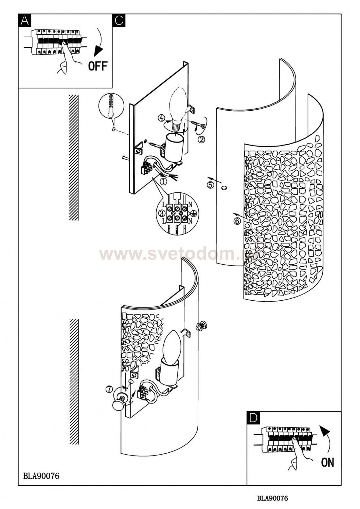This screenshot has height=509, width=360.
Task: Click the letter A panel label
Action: [x=24, y=20]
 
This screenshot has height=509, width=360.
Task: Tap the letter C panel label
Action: [x=119, y=20]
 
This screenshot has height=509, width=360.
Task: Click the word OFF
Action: [x=97, y=66]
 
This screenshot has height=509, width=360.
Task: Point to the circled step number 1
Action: [x=163, y=181]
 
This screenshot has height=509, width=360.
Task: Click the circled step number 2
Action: [x=201, y=139]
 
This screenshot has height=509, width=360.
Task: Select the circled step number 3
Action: [x=161, y=213]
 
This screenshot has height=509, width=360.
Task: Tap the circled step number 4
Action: [x=161, y=118]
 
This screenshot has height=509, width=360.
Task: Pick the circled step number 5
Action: [x=210, y=185]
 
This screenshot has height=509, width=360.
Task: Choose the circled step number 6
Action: [x=237, y=221]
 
